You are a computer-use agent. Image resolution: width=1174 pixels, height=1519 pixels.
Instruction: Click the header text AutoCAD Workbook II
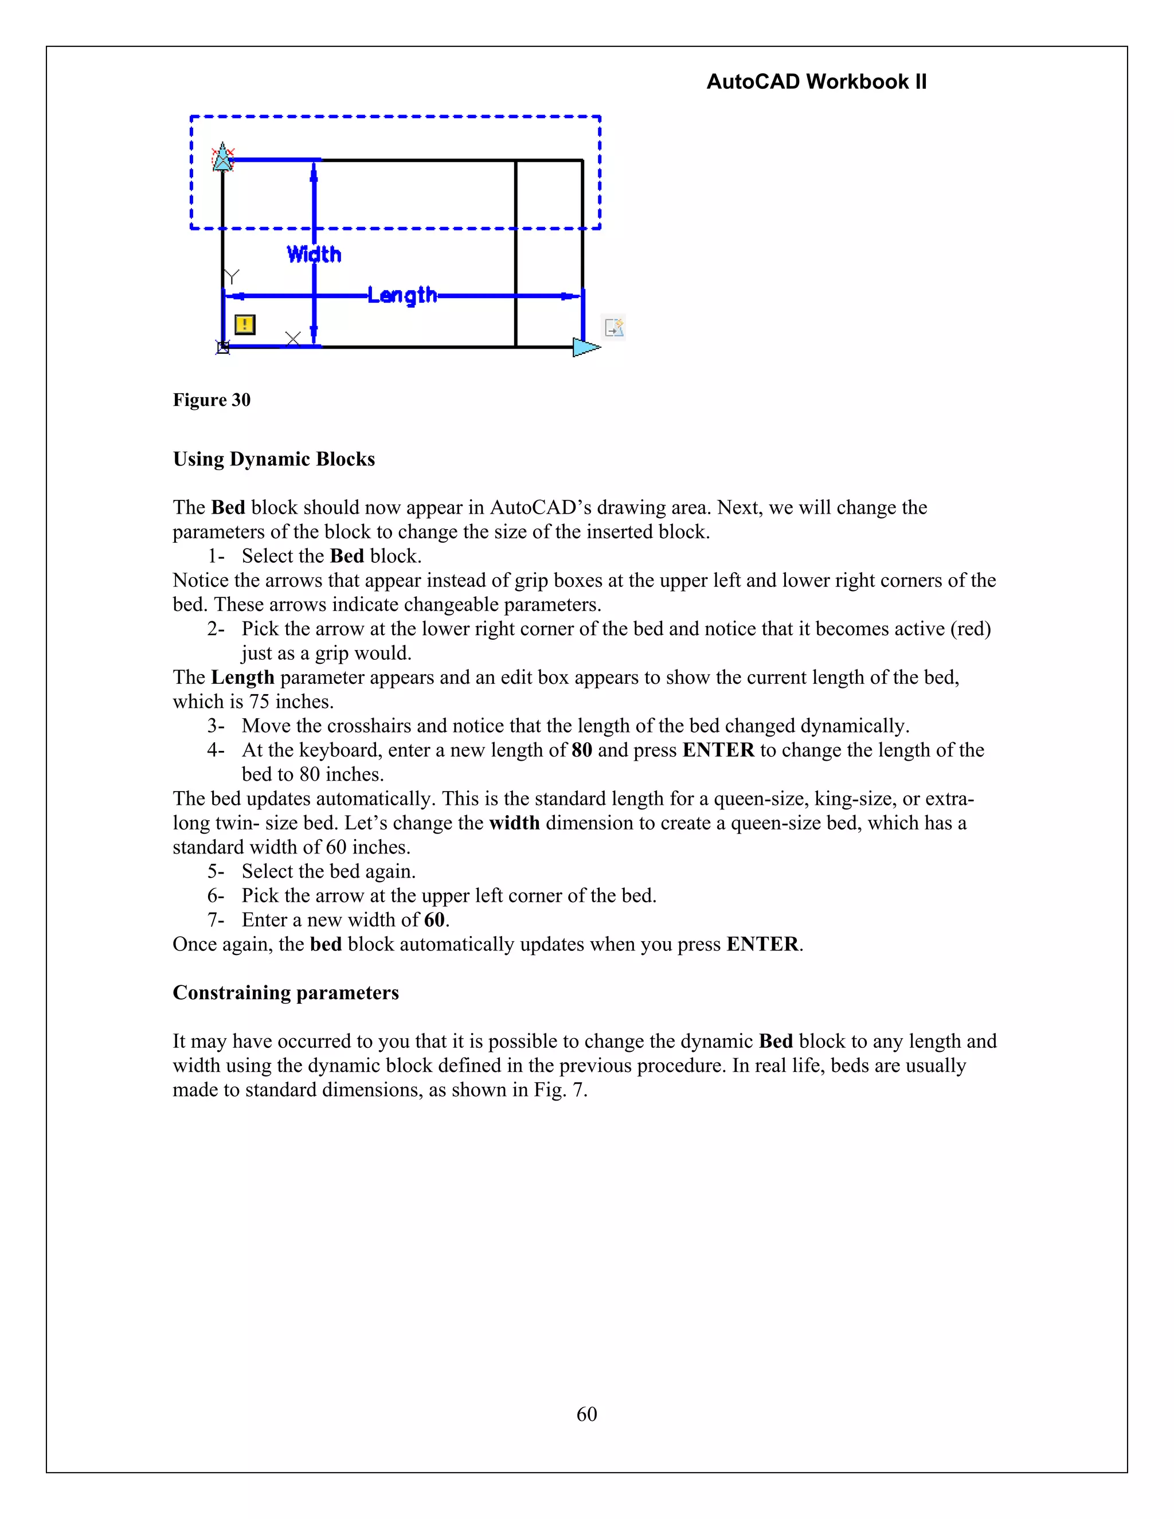(816, 82)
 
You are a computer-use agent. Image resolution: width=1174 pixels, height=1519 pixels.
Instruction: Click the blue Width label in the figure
(314, 255)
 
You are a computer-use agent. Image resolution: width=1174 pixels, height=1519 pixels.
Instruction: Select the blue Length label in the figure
(402, 296)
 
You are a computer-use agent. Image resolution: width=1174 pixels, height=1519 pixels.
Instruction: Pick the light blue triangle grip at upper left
(222, 158)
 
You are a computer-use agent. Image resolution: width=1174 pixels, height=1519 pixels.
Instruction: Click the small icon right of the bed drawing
(614, 327)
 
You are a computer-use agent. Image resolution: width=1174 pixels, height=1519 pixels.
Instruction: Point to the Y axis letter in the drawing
(232, 277)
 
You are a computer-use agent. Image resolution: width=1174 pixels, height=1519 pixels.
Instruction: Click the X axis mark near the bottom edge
(293, 339)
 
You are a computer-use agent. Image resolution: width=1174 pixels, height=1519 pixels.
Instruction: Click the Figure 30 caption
(212, 400)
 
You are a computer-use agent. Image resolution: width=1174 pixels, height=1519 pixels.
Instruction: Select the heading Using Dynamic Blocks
(273, 459)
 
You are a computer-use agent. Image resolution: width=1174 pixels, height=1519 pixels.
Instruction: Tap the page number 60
(586, 1414)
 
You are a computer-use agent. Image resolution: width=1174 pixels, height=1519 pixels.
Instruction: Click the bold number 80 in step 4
(581, 750)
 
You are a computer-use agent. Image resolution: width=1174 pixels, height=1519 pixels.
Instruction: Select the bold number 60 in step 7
(434, 919)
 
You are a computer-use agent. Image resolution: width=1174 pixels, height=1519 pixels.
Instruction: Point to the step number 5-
(216, 871)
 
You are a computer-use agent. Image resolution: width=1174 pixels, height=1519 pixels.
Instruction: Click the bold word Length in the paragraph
(242, 678)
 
